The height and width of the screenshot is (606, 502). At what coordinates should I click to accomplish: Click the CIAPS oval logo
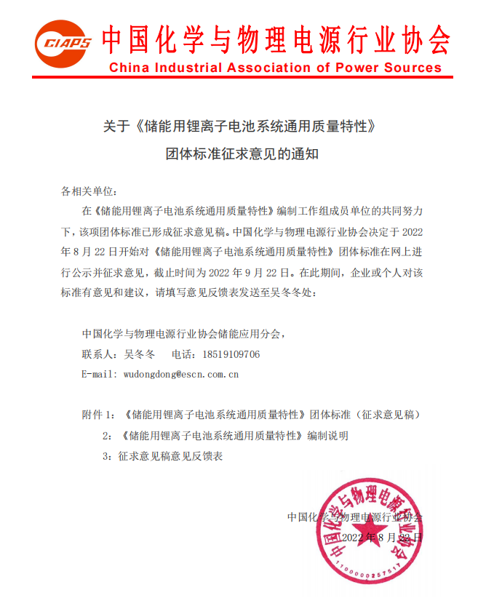65,44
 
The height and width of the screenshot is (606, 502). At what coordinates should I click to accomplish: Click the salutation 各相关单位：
89,191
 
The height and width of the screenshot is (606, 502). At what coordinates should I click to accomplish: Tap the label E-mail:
97,374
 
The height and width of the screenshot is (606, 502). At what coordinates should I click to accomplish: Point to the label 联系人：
100,354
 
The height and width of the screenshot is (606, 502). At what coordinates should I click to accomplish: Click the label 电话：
185,354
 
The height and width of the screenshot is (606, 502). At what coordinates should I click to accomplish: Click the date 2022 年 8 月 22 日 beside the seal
381,538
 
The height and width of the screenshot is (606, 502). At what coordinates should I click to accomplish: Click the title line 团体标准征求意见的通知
242,155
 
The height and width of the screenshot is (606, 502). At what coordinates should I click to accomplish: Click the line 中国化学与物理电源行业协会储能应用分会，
183,334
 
